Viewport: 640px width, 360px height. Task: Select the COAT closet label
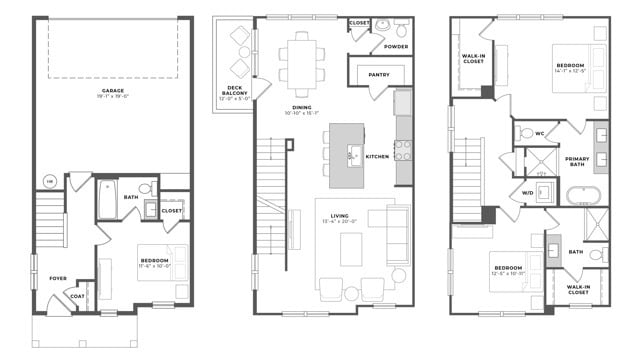[x=77, y=294]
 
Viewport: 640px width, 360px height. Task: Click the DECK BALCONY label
[x=234, y=93]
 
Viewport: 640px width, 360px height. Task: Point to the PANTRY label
[x=380, y=73]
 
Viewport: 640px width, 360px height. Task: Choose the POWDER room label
[x=395, y=45]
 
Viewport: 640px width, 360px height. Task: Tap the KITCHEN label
[x=377, y=157]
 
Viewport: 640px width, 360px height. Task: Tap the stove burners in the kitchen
[x=403, y=151]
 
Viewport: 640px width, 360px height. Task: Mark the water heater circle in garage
[x=49, y=181]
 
